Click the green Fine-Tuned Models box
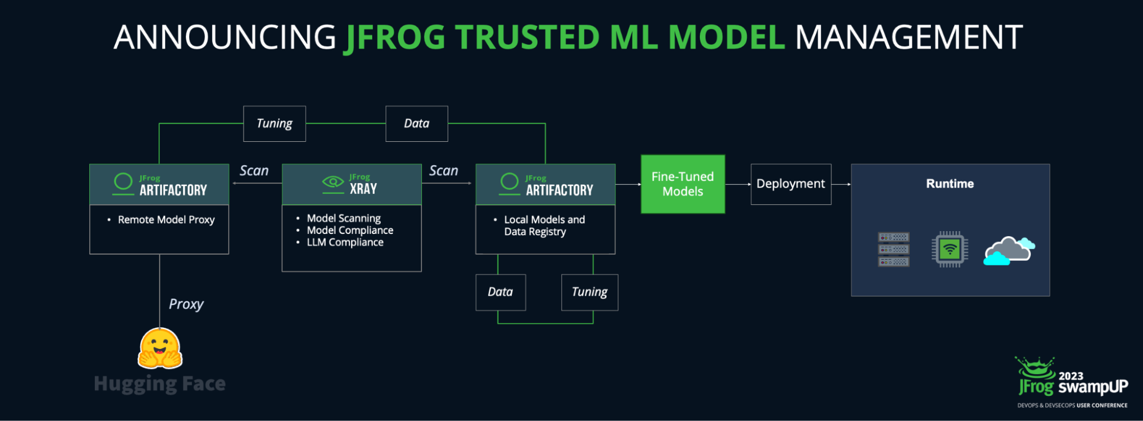tap(683, 184)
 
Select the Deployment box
tap(791, 184)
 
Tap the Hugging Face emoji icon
tap(160, 348)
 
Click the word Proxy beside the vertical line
tap(186, 304)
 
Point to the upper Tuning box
tap(274, 124)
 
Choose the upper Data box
tap(416, 124)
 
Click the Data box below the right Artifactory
tap(500, 292)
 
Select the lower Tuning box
tap(590, 292)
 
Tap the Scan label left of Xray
tap(254, 170)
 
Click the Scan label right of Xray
tap(444, 170)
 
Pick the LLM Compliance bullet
tap(345, 243)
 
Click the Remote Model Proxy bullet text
tap(166, 220)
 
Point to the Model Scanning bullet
tap(343, 218)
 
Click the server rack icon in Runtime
tap(894, 249)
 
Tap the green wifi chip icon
tap(950, 249)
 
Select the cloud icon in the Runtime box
tap(1009, 251)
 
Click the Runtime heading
tap(950, 184)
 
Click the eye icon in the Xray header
tap(333, 182)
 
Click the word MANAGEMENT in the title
tap(908, 38)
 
